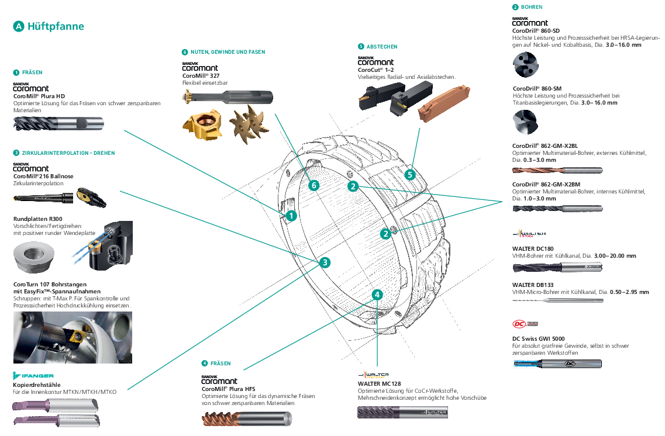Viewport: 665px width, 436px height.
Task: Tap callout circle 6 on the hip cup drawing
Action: [314, 185]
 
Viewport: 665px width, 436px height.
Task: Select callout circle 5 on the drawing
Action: [409, 175]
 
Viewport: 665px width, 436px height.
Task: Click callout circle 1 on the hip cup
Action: [291, 216]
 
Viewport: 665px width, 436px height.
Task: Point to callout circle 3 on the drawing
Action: [325, 262]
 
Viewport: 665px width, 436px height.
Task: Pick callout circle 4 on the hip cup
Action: [377, 295]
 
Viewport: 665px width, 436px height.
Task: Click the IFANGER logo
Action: [33, 375]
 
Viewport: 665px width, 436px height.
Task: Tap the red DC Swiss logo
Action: [525, 324]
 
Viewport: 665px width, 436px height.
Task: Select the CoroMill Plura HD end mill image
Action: [58, 124]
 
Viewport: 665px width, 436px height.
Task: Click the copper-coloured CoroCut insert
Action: [444, 102]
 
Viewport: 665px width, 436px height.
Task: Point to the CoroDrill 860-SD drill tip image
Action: [525, 65]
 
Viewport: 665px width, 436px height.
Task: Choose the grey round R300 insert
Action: [33, 257]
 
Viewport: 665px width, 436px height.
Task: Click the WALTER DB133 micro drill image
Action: [558, 300]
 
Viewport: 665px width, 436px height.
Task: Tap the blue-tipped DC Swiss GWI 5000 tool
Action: [557, 364]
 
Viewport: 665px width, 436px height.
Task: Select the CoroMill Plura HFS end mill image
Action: [247, 418]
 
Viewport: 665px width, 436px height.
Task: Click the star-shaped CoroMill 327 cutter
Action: [249, 124]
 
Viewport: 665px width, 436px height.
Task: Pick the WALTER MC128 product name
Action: [379, 383]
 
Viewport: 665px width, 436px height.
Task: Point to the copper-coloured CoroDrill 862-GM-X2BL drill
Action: [557, 170]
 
